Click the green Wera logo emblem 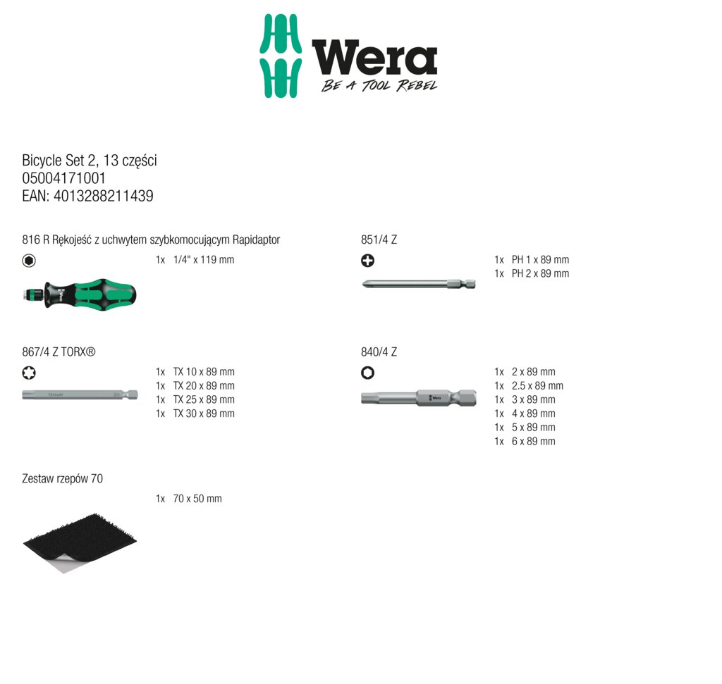pyautogui.click(x=281, y=56)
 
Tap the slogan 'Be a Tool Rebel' pyautogui.click(x=379, y=85)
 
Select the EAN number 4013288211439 pyautogui.click(x=104, y=196)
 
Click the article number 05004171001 pyautogui.click(x=64, y=178)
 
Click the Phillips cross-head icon pyautogui.click(x=367, y=261)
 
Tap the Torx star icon pyautogui.click(x=29, y=373)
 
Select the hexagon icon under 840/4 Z pyautogui.click(x=367, y=373)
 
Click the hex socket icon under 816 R pyautogui.click(x=29, y=261)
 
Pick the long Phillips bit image pyautogui.click(x=419, y=284)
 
